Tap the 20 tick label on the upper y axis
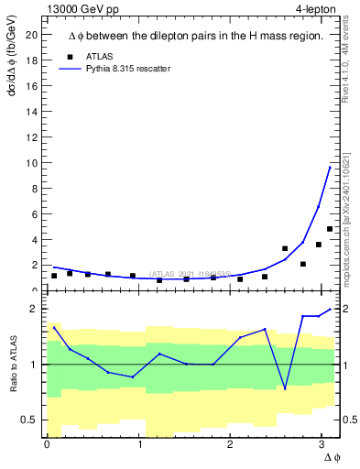31,35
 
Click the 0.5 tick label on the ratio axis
27,420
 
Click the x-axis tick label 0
47,444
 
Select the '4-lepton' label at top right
317,8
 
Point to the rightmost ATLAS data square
330,229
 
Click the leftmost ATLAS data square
54,276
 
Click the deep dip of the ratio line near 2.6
285,388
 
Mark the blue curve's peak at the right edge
330,167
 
